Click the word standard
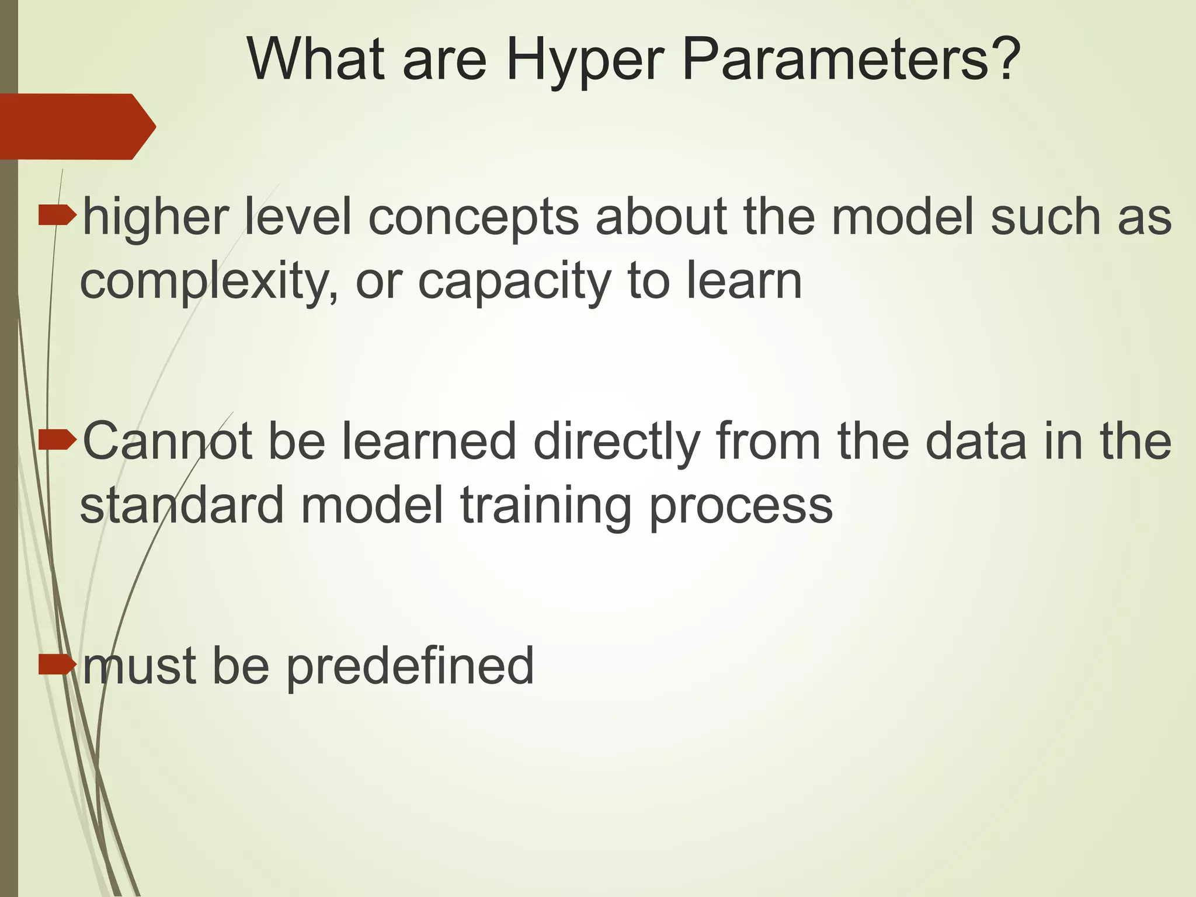[x=182, y=505]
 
